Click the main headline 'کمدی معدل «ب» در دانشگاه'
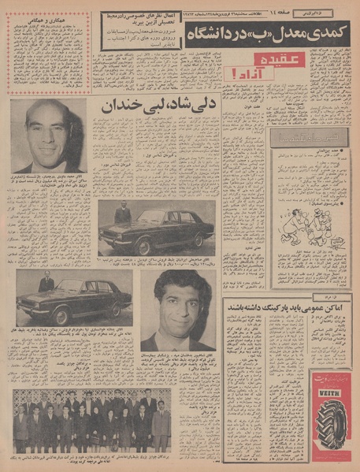(263, 35)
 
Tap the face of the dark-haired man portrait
(178, 303)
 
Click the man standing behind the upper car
(122, 212)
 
